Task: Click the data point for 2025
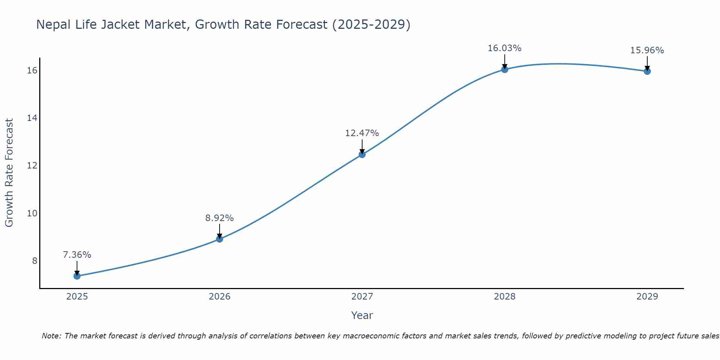pyautogui.click(x=77, y=276)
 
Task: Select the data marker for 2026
pyautogui.click(x=220, y=239)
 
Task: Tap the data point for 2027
pyautogui.click(x=362, y=154)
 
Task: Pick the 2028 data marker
pyautogui.click(x=505, y=69)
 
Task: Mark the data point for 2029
pyautogui.click(x=647, y=71)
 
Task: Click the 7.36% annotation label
pyautogui.click(x=77, y=255)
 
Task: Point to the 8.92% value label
pyautogui.click(x=220, y=218)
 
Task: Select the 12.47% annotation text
pyautogui.click(x=362, y=133)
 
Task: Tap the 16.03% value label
pyautogui.click(x=505, y=48)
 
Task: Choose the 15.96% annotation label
pyautogui.click(x=647, y=50)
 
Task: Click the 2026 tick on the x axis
pyautogui.click(x=220, y=297)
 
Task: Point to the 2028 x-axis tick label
pyautogui.click(x=505, y=297)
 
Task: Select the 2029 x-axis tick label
pyautogui.click(x=647, y=297)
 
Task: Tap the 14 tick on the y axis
pyautogui.click(x=32, y=118)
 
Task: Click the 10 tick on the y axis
pyautogui.click(x=32, y=213)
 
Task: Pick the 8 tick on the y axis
pyautogui.click(x=35, y=261)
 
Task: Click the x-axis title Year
pyautogui.click(x=362, y=315)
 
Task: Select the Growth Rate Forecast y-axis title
pyautogui.click(x=9, y=173)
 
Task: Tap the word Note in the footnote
pyautogui.click(x=51, y=336)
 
